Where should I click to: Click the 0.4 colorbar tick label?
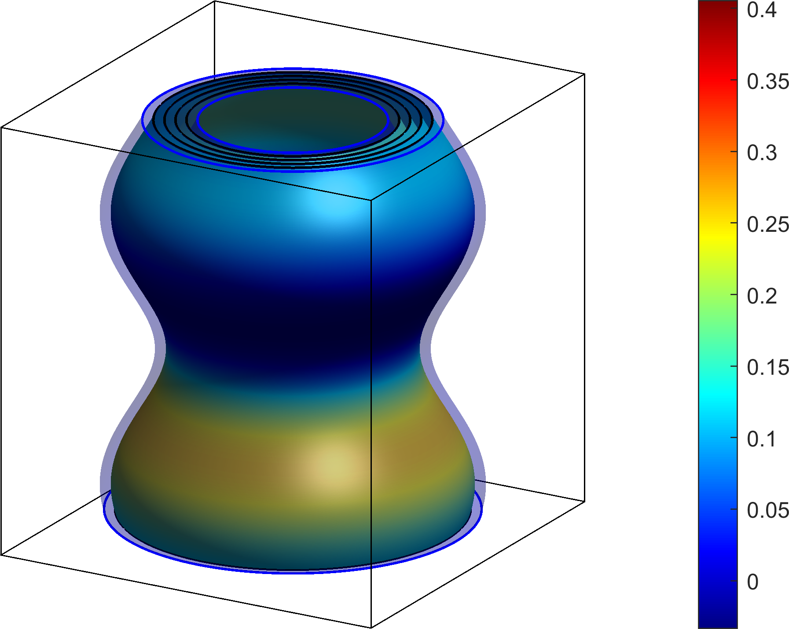pos(762,10)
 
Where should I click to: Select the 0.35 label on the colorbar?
pos(768,81)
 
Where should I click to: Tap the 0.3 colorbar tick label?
pos(762,153)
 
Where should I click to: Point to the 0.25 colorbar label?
pos(768,225)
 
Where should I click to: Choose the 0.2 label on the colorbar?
pos(762,296)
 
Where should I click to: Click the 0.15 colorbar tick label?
pos(768,368)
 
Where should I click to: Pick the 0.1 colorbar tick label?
pos(762,439)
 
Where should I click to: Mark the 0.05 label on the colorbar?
pos(768,511)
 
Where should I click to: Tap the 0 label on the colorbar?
pos(753,582)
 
